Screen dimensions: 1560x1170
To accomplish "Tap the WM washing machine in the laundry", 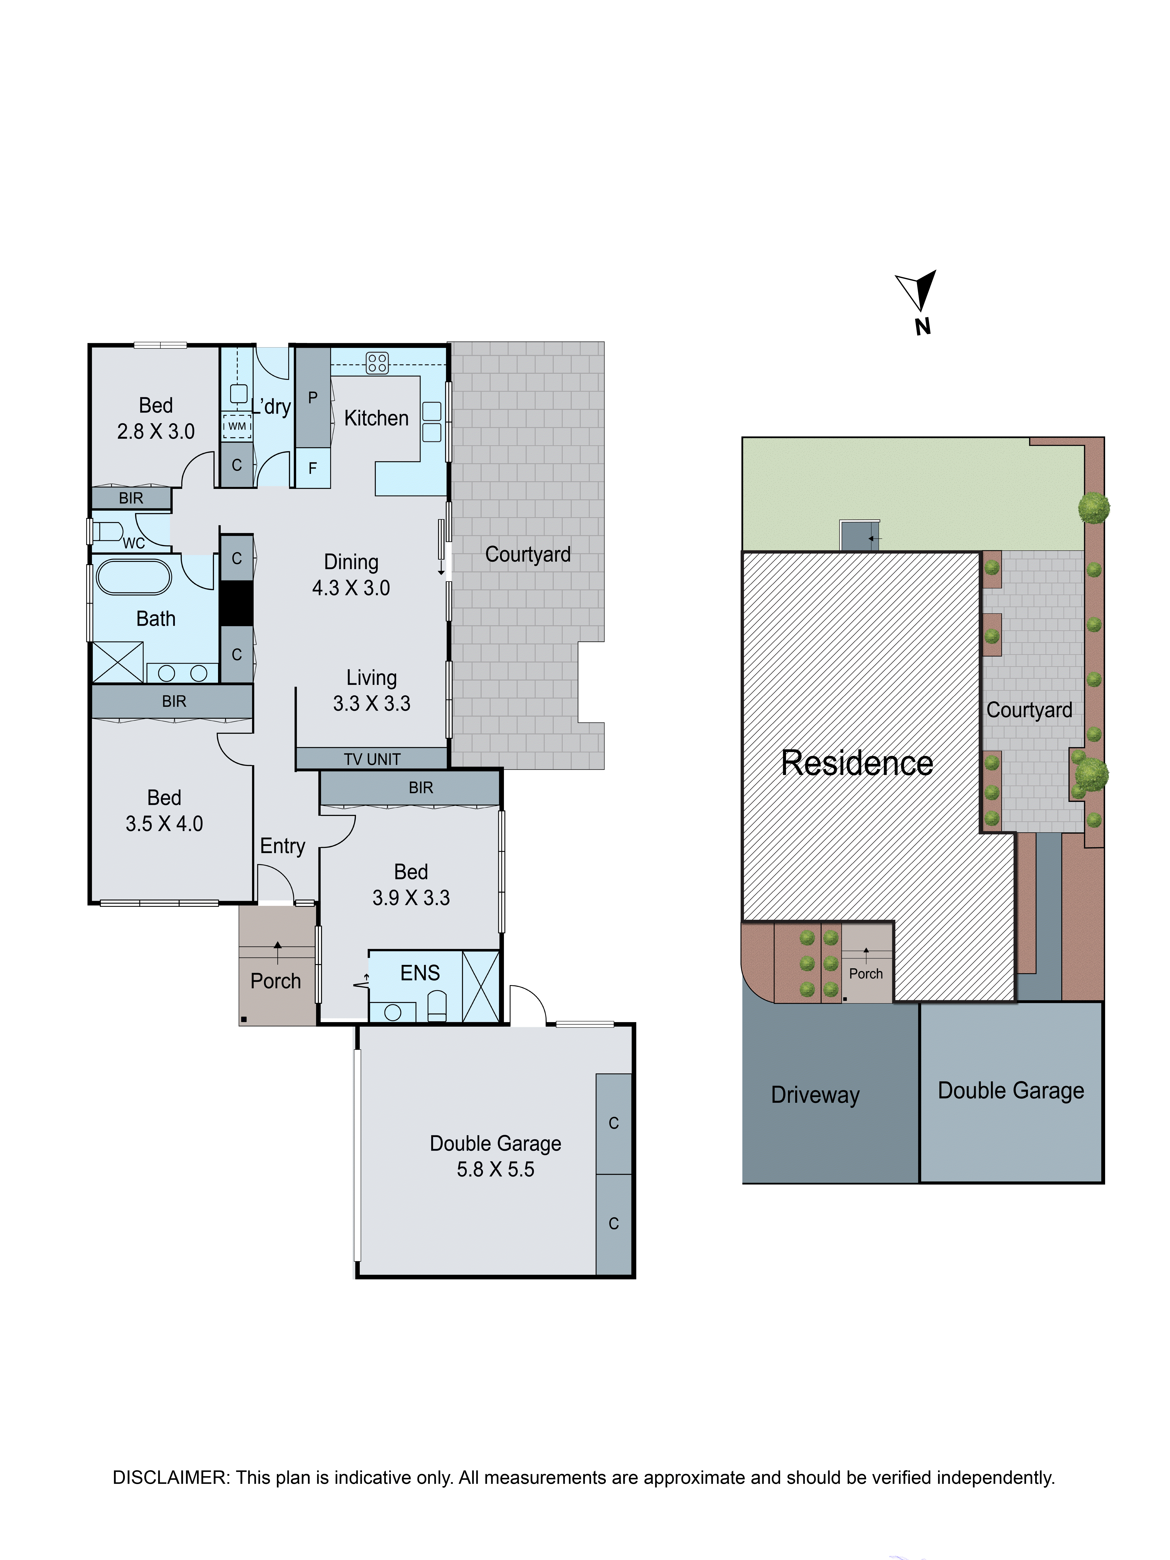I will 237,426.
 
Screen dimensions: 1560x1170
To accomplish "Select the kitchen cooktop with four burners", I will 377,363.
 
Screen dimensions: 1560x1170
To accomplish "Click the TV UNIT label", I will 372,759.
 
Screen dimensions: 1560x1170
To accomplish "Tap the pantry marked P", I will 312,397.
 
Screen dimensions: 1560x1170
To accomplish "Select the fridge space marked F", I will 312,468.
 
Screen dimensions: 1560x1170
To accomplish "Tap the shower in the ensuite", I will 480,986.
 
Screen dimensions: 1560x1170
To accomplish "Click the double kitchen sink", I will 432,421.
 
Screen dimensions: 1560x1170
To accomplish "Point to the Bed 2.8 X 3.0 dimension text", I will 156,431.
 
